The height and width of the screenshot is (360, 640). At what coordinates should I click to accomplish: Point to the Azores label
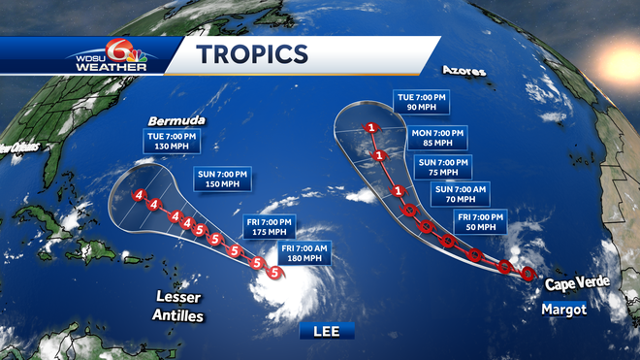tap(464, 71)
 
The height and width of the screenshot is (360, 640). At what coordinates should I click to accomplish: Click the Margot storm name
tap(564, 309)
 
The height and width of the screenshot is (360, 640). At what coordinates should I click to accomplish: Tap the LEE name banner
tap(327, 331)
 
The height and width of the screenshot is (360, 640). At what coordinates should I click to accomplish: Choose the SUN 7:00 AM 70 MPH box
tap(456, 193)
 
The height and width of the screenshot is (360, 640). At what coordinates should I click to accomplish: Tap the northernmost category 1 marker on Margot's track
tap(371, 128)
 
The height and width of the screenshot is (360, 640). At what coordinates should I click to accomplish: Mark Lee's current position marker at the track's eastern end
tap(275, 273)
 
